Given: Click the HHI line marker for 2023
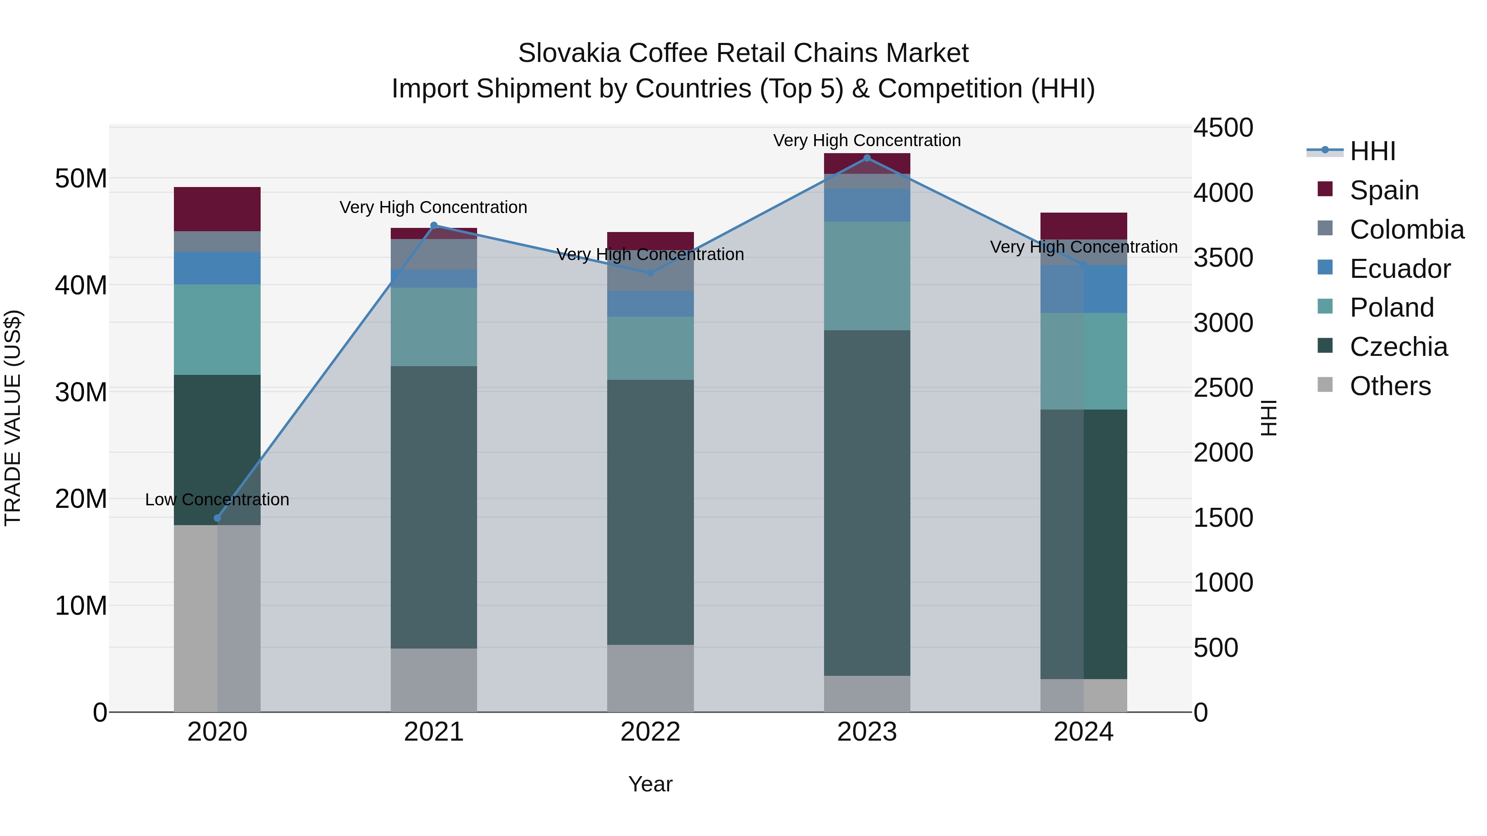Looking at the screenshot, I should point(867,158).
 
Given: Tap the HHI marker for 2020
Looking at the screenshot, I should point(217,518).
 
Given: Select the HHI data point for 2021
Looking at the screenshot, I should point(434,225).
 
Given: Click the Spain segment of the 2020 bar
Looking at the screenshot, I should point(217,209).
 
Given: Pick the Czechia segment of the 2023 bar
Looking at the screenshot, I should point(867,502).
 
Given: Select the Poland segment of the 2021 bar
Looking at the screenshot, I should point(434,327).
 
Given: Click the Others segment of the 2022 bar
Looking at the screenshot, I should point(650,678).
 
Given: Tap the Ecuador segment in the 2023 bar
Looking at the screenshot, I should point(867,205).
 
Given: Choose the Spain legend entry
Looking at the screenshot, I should point(1384,190).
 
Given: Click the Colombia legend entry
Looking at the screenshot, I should point(1406,230).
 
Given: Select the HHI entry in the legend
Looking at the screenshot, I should point(1372,151).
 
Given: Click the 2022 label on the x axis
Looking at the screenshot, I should point(650,732).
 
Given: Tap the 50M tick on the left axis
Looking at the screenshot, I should point(81,178).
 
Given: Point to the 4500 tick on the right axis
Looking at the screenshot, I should point(1223,128).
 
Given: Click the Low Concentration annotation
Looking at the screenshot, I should point(217,500).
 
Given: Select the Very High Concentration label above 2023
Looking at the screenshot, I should point(867,140).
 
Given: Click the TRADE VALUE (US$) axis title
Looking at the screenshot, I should point(13,418).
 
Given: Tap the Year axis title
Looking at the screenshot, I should point(650,784).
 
